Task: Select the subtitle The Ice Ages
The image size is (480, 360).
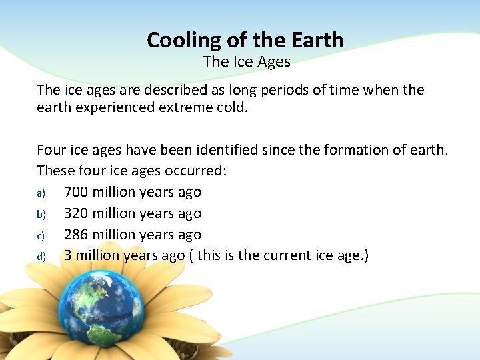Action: pyautogui.click(x=247, y=62)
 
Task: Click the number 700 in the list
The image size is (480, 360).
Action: pyautogui.click(x=76, y=192)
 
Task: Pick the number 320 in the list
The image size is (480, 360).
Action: pyautogui.click(x=76, y=213)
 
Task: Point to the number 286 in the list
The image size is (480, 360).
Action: pyautogui.click(x=76, y=235)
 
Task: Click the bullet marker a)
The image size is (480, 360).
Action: pyautogui.click(x=41, y=193)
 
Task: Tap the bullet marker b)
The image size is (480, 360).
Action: pyautogui.click(x=41, y=214)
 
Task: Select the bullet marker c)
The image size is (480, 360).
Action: pyautogui.click(x=41, y=235)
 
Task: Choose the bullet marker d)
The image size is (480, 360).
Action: pyautogui.click(x=41, y=257)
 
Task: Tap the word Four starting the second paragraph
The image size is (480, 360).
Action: pyautogui.click(x=51, y=149)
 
